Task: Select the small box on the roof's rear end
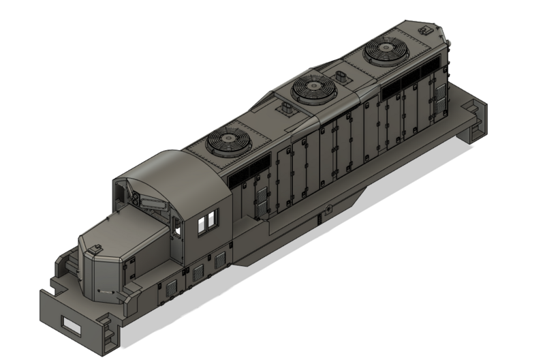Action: (x=425, y=30)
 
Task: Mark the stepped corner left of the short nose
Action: (x=65, y=265)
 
